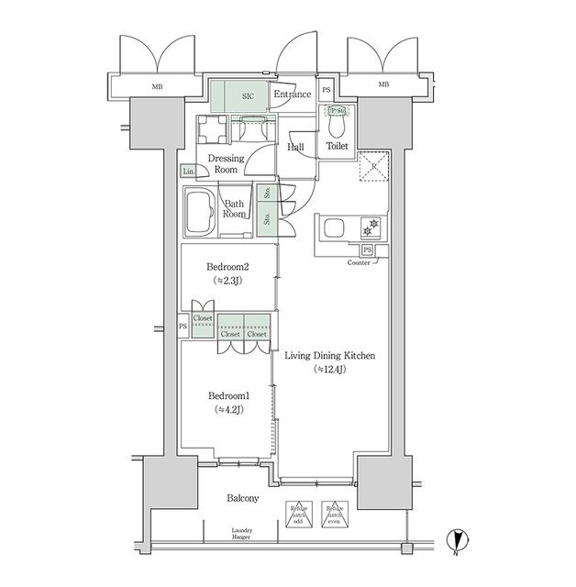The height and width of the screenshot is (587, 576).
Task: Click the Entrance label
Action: point(293,94)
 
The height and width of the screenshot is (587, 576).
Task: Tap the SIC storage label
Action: point(248,94)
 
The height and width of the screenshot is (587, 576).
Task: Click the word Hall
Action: point(296,147)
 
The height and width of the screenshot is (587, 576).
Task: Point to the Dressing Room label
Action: point(225,164)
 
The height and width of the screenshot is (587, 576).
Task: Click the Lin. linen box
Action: point(188,172)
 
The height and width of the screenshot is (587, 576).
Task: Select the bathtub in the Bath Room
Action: point(201,213)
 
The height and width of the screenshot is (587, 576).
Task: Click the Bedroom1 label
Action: point(226,395)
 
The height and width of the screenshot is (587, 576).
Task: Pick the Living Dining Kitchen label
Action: point(330,356)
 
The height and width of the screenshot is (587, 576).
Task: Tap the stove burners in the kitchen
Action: point(372,225)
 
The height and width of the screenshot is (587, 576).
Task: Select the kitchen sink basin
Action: point(332,227)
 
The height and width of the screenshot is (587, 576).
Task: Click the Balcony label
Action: point(242,499)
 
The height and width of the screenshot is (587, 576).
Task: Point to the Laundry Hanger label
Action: point(242,535)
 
